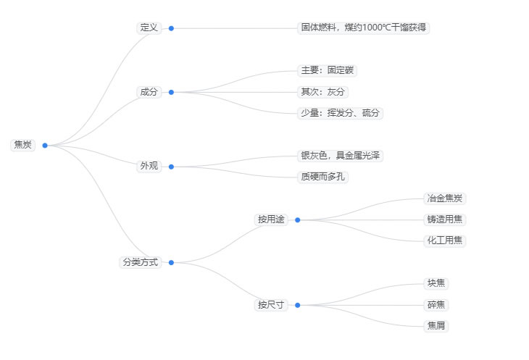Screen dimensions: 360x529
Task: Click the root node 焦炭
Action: pyautogui.click(x=22, y=145)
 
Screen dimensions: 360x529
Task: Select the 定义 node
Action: pyautogui.click(x=149, y=28)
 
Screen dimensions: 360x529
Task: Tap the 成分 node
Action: pyautogui.click(x=149, y=92)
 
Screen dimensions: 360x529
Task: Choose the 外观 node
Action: pyautogui.click(x=149, y=167)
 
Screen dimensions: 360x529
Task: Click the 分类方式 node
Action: pyautogui.click(x=139, y=262)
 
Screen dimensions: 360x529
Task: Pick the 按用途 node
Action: pyautogui.click(x=271, y=219)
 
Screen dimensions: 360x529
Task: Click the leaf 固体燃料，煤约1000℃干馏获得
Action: pyautogui.click(x=364, y=28)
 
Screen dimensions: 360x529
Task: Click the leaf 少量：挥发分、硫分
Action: pyautogui.click(x=341, y=113)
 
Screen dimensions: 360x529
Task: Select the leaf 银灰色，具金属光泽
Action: pyautogui.click(x=341, y=156)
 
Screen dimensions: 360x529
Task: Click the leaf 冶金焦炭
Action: pyautogui.click(x=445, y=198)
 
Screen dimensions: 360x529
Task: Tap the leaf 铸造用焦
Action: pyautogui.click(x=445, y=219)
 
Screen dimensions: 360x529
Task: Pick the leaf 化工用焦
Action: pyautogui.click(x=445, y=240)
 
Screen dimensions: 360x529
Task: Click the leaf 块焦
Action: pyautogui.click(x=436, y=283)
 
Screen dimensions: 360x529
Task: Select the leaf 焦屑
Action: pyautogui.click(x=436, y=326)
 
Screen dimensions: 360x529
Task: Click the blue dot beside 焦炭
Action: pyautogui.click(x=45, y=146)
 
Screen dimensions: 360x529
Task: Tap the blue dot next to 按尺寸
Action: pyautogui.click(x=298, y=305)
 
